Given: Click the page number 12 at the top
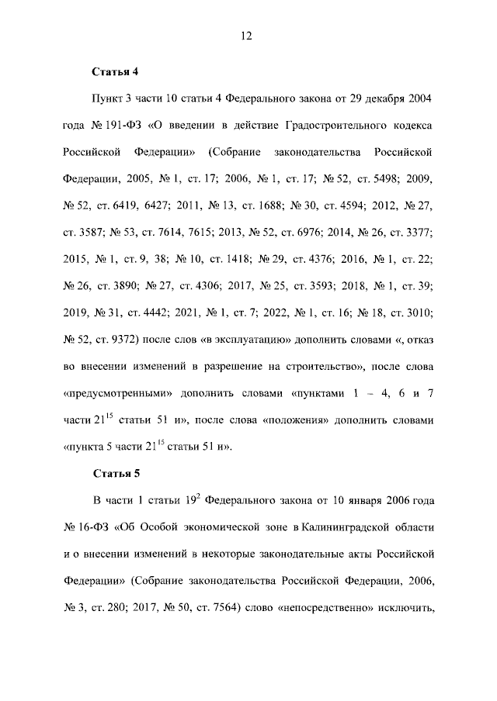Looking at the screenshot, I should click(248, 36).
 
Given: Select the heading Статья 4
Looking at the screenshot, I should click(115, 72).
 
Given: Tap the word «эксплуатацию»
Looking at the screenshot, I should click(245, 339).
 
